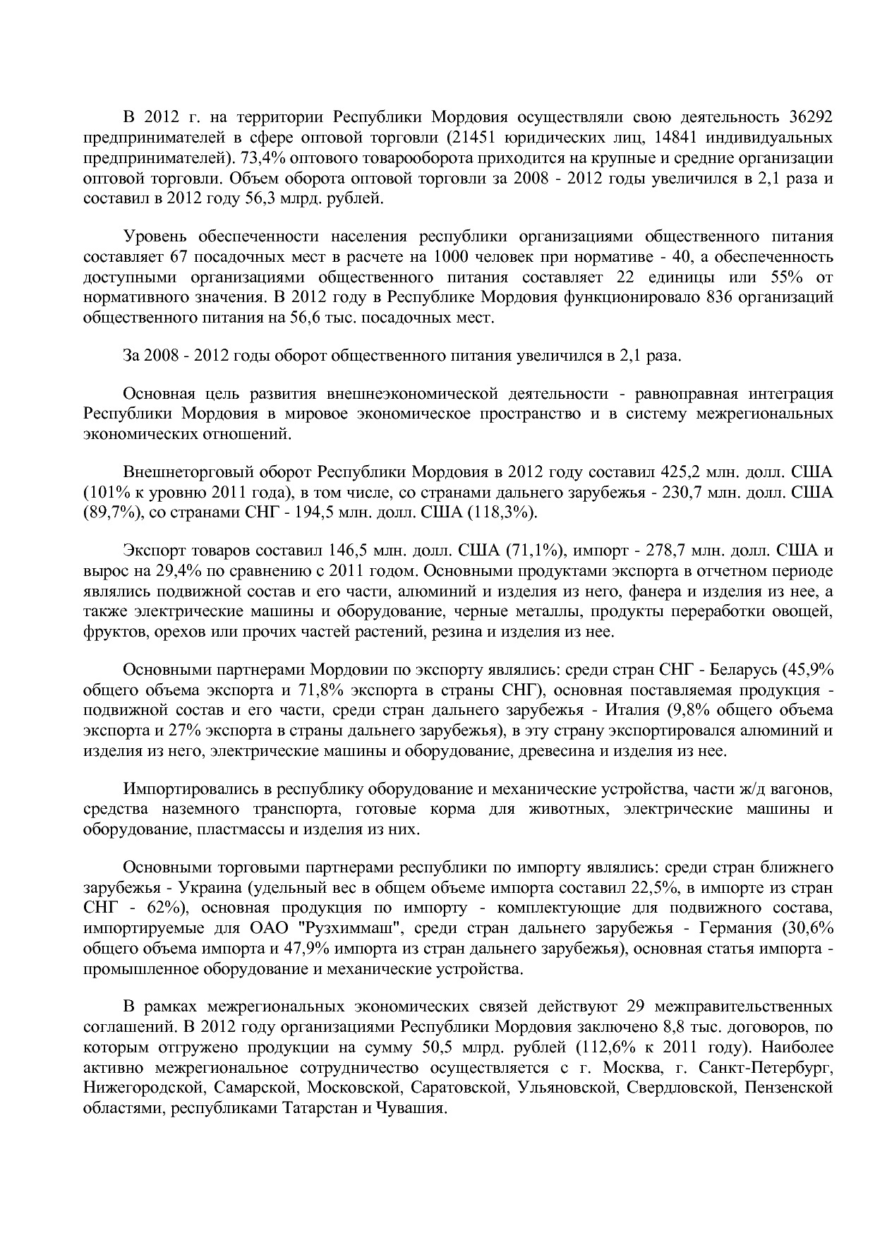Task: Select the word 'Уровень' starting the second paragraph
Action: coord(152,235)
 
